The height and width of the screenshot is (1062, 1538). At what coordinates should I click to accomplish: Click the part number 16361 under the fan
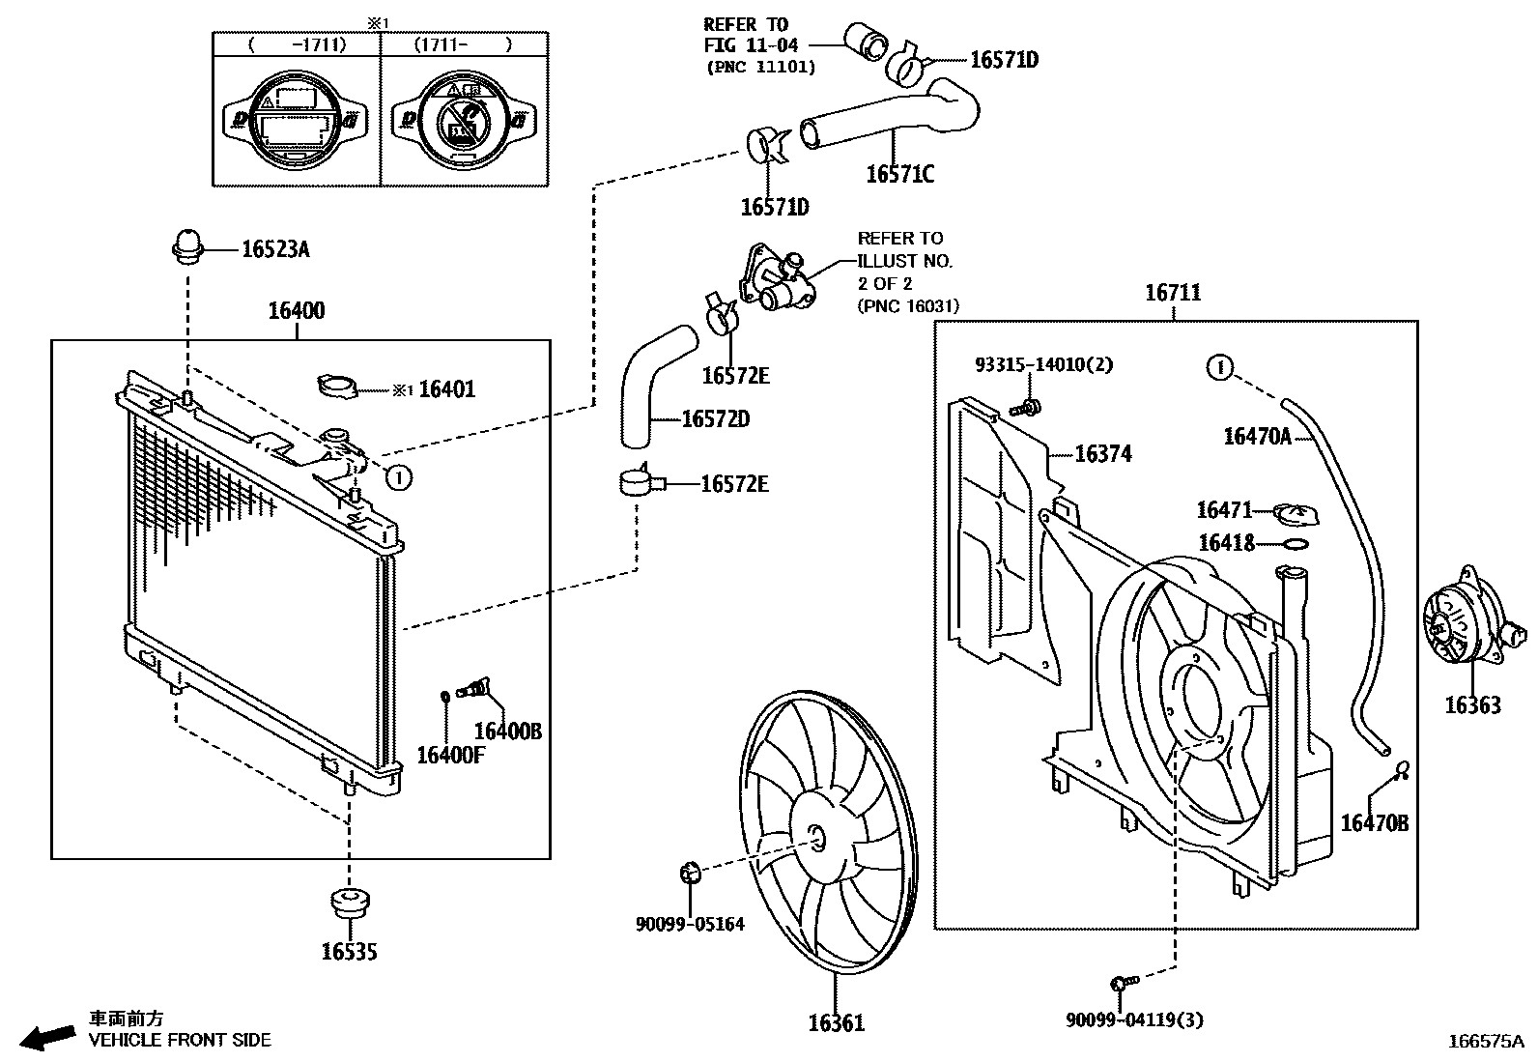coord(836,1022)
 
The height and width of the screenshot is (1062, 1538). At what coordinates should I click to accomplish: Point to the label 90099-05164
coord(690,924)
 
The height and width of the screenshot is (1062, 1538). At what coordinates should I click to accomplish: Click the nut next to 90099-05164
coord(690,874)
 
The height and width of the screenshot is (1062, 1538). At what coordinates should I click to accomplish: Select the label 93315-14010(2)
coord(1043,364)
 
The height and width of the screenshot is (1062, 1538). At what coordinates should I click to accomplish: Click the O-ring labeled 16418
coord(1296,544)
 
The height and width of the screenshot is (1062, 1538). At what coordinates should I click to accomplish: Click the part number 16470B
coord(1374,822)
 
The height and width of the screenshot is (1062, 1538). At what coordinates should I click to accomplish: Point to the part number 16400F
coord(450,755)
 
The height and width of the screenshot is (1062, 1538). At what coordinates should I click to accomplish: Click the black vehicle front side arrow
coord(48,1037)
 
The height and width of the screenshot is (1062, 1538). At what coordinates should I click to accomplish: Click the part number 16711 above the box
coord(1173,292)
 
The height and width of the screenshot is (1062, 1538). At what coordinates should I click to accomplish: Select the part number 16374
coord(1102,453)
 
